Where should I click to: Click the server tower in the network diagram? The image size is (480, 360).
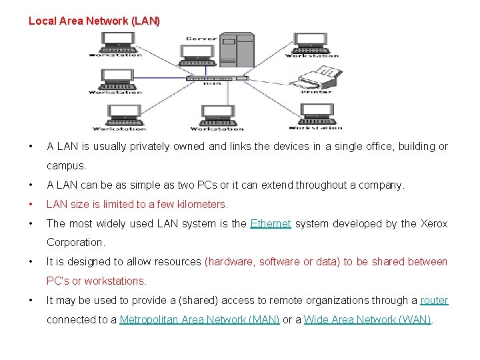click(x=237, y=50)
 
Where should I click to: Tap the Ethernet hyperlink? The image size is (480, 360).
click(x=271, y=224)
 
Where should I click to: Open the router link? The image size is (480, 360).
click(x=434, y=301)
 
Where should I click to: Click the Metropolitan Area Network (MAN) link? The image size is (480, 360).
click(x=199, y=320)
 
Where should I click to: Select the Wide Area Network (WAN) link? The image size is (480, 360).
click(x=367, y=320)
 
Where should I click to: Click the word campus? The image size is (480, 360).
click(x=65, y=165)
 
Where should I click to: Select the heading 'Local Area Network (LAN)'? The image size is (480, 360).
click(x=94, y=21)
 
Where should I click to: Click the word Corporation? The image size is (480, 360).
click(x=75, y=243)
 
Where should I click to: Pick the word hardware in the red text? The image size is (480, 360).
click(x=231, y=262)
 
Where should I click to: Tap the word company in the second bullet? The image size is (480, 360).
click(x=381, y=185)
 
